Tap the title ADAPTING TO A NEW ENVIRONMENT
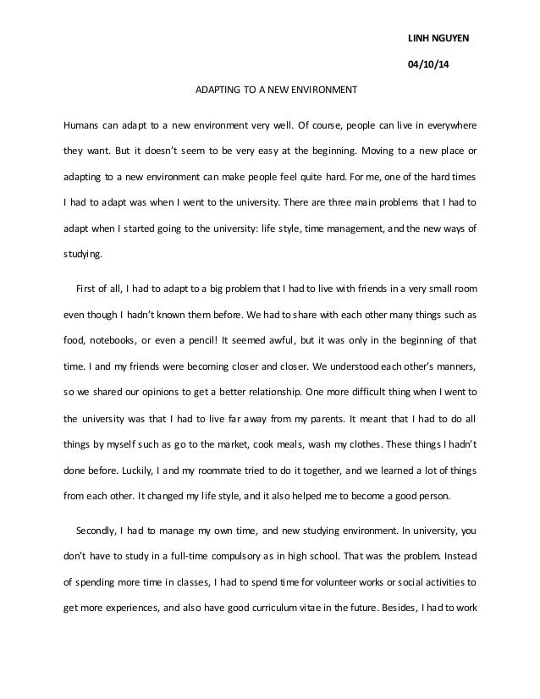coord(278,88)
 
